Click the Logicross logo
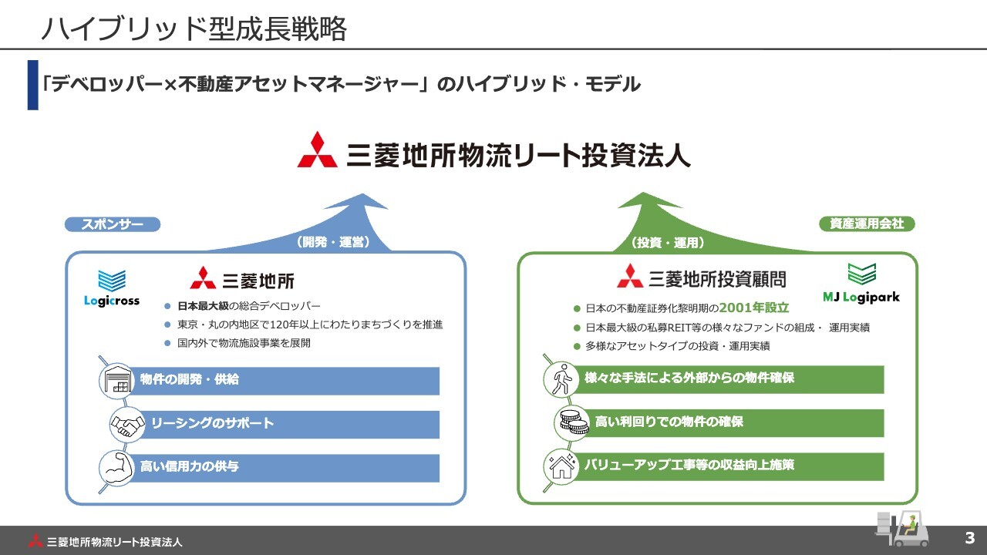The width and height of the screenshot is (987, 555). click(112, 288)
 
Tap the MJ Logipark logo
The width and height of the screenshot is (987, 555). click(861, 283)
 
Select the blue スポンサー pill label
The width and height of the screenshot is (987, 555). click(113, 224)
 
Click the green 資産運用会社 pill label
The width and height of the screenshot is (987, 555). click(867, 224)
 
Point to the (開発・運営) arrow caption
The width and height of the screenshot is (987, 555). click(332, 242)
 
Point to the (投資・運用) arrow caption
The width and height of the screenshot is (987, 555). click(668, 243)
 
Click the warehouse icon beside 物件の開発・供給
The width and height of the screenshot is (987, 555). click(116, 381)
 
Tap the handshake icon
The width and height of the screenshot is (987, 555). click(127, 424)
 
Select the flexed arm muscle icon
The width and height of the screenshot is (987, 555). click(116, 468)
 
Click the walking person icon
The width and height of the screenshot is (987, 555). click(561, 378)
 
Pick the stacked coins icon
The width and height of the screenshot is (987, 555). click(571, 422)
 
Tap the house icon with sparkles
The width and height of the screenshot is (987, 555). click(561, 466)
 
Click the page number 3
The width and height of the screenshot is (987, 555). click(970, 538)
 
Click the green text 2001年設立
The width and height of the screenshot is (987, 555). click(754, 308)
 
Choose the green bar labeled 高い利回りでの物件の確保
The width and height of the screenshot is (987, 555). click(736, 422)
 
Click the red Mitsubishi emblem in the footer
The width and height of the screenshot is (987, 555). click(35, 540)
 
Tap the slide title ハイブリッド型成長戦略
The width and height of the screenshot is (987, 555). click(194, 29)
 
